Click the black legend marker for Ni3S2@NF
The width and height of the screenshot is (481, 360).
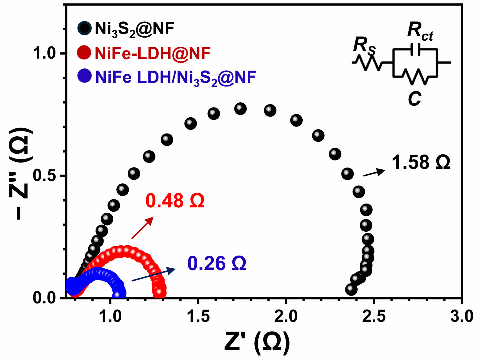tap(84, 28)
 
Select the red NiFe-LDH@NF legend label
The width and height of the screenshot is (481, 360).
tap(153, 53)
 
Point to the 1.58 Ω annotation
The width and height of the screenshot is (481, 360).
tap(421, 162)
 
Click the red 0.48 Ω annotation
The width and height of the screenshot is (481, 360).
tap(175, 201)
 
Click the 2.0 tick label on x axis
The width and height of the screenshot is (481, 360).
tap(286, 316)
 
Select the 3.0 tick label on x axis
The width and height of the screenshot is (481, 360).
tap(462, 316)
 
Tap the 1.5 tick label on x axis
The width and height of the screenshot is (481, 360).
tap(198, 316)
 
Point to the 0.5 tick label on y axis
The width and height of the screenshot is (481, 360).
tap(46, 176)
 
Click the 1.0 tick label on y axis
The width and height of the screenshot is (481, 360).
tap(46, 54)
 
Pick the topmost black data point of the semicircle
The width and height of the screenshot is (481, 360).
tap(240, 108)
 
